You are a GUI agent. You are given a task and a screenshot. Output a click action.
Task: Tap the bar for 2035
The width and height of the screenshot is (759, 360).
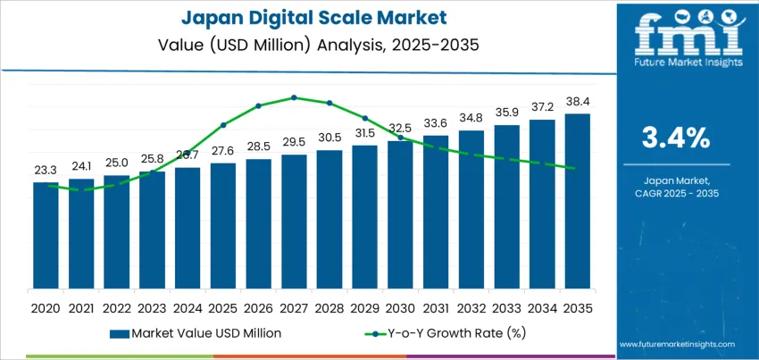pos(577,201)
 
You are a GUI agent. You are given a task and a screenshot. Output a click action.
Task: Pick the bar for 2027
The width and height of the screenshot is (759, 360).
pos(294,221)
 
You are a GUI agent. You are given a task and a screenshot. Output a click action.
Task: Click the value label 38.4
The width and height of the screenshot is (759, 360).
pos(577,102)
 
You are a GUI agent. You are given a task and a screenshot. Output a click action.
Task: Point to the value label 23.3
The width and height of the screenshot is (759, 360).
pos(46,170)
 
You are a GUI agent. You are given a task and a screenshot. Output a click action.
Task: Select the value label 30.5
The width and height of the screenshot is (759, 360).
pos(329,138)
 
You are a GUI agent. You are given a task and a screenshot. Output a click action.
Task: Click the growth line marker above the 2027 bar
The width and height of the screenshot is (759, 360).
pos(294,97)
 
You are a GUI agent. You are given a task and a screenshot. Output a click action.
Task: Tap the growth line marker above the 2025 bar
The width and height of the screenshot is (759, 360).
pos(223,124)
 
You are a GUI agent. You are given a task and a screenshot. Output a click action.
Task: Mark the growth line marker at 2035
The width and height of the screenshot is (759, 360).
pos(577,168)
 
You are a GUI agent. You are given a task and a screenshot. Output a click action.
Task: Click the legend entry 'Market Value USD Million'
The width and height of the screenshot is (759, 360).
pos(196,333)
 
